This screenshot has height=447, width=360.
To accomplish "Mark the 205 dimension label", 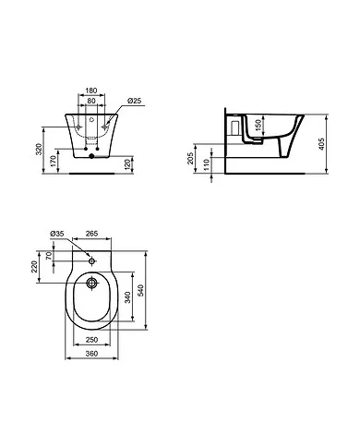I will pyautogui.click(x=192, y=158).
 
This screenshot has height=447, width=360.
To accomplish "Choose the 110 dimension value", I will pyautogui.click(x=206, y=164).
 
